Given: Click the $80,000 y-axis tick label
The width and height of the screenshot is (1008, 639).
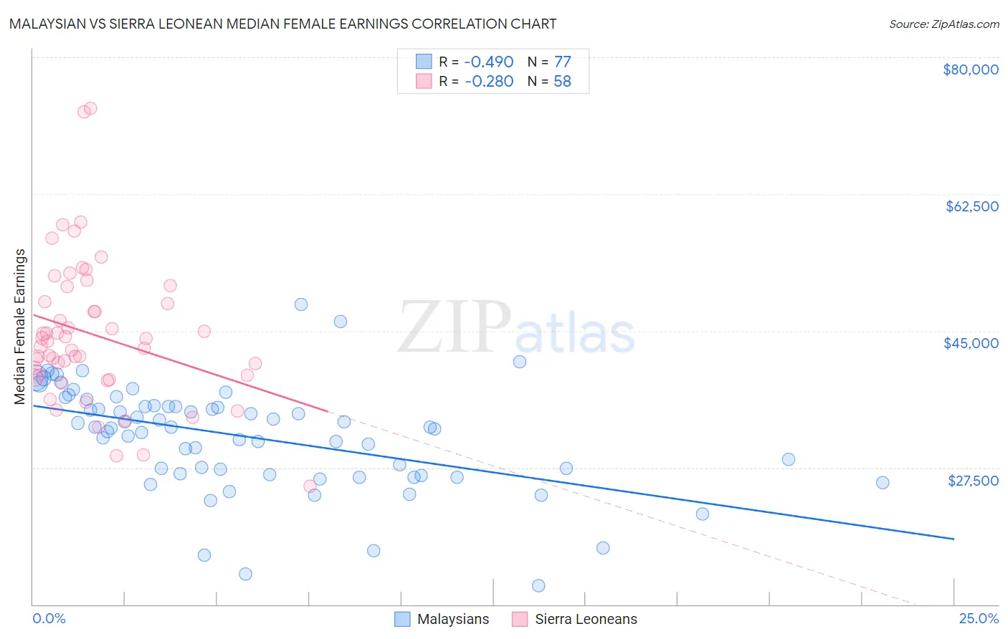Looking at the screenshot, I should click(x=970, y=69).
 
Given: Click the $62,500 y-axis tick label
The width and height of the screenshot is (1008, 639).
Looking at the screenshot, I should click(x=971, y=206).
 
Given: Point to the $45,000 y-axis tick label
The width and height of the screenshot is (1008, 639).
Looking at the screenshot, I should click(x=971, y=343).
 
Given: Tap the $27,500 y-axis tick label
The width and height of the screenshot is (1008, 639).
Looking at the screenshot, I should click(x=973, y=481).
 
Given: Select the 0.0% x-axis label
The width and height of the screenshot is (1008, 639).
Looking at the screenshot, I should click(x=49, y=618).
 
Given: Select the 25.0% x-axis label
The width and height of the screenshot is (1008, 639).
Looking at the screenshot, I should click(x=979, y=618).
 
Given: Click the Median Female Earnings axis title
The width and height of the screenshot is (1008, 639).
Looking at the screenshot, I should click(x=20, y=327).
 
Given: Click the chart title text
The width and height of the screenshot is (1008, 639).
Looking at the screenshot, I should click(x=282, y=24).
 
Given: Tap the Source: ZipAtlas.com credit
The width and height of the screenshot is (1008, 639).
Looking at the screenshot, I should click(x=943, y=24).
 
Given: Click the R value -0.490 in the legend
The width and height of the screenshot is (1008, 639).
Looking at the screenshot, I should click(x=489, y=62).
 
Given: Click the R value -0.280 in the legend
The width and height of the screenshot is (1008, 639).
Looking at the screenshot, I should click(x=489, y=81).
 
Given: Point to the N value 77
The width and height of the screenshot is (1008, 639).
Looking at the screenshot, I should click(x=562, y=62).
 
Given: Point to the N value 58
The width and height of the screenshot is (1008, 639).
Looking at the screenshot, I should click(x=562, y=81).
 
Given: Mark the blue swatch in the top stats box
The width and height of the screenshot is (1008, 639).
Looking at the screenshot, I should click(x=424, y=62).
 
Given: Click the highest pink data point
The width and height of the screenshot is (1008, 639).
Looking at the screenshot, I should click(x=90, y=109).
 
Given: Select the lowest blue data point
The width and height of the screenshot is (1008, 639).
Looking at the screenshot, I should click(x=538, y=586).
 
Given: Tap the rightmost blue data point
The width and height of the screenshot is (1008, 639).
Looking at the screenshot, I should click(x=883, y=483).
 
